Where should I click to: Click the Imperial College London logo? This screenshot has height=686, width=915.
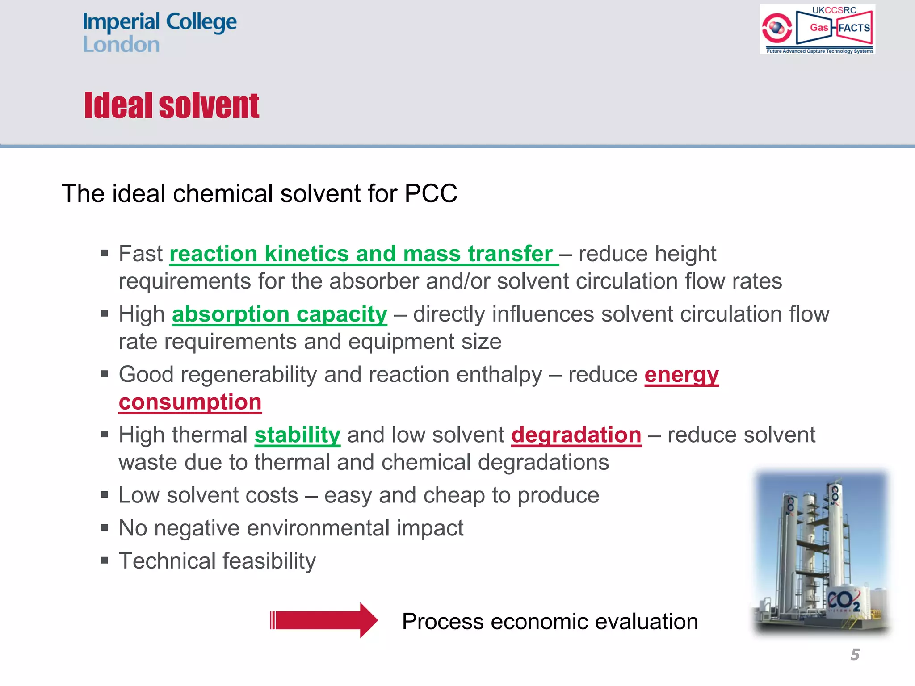[x=159, y=32]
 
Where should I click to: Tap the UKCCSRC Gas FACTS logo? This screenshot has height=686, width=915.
[x=817, y=29]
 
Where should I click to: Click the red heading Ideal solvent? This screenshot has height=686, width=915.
[x=172, y=106]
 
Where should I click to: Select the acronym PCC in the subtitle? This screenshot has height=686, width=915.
[x=431, y=193]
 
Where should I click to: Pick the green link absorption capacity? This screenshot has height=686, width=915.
[x=279, y=314]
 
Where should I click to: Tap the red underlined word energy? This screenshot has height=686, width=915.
[x=681, y=374]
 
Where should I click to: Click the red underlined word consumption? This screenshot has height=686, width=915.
[x=190, y=402]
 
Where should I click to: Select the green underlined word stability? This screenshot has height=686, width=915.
[x=297, y=435]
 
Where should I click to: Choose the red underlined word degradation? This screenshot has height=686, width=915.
[x=576, y=435]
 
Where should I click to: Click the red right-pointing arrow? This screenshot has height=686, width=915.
[x=324, y=620]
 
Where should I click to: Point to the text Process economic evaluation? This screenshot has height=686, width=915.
[x=550, y=621]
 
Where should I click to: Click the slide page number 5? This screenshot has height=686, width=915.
[x=855, y=655]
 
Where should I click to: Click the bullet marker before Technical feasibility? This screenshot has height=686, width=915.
[x=105, y=561]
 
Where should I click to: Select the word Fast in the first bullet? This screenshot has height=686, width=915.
[x=140, y=254]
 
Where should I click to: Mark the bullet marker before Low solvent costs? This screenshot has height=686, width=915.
[x=105, y=495]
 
